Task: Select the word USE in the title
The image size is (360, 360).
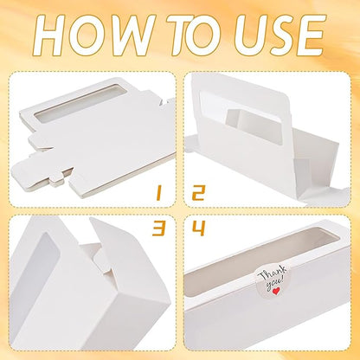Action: pos(280,34)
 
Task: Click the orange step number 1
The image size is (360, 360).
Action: pos(158,193)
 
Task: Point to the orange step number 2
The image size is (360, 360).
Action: pos(199,193)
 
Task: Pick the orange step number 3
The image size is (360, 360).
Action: pos(159,228)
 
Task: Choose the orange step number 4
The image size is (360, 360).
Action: pos(199,228)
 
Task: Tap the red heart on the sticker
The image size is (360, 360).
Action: pos(276,291)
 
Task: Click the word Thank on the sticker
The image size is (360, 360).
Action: pos(272,274)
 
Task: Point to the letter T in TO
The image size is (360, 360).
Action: pos(180,35)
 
